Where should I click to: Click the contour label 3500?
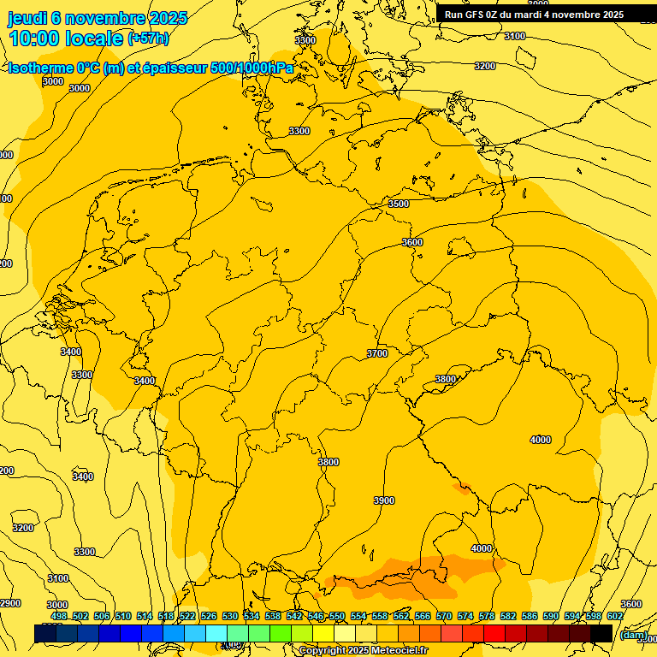(x=399, y=204)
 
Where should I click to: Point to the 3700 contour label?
(x=376, y=353)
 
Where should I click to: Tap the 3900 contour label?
(x=384, y=500)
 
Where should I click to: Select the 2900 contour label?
(x=9, y=604)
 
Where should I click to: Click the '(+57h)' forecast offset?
(x=148, y=39)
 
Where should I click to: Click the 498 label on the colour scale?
(x=58, y=616)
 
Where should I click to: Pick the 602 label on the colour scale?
(x=614, y=616)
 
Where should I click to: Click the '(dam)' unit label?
(x=634, y=635)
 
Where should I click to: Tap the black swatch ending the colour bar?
(x=601, y=633)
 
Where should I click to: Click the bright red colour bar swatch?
(x=494, y=633)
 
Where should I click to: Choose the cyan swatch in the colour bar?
(x=216, y=633)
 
